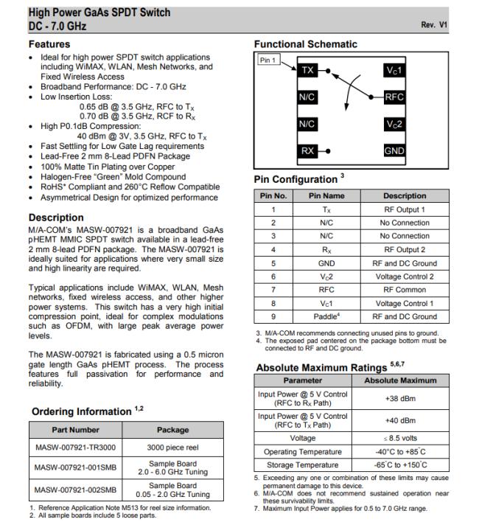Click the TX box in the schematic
point(307,71)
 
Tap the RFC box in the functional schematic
point(394,97)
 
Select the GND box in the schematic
point(394,151)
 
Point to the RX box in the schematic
point(307,151)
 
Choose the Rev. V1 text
point(434,25)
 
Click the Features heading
point(49,44)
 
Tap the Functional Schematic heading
point(305,44)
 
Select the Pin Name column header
point(326,196)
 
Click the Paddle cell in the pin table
point(326,316)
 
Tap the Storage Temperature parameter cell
point(301,465)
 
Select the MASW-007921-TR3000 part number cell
point(75,448)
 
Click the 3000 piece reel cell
point(172,448)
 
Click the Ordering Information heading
point(81,411)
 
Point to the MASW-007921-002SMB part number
point(75,490)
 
